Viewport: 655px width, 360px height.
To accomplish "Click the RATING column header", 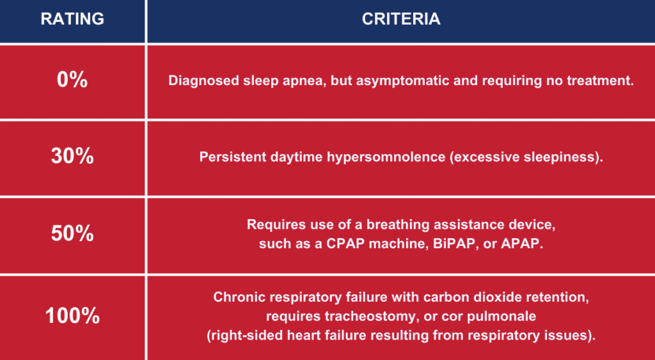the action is click(x=72, y=19).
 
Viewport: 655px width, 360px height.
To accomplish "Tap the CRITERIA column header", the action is click(x=400, y=19).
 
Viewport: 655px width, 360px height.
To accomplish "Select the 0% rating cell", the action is click(x=72, y=80).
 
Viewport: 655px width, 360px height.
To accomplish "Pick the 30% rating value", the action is click(x=72, y=156).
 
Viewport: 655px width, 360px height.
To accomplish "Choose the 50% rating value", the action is click(x=72, y=233).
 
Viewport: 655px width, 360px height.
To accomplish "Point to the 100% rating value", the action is click(x=72, y=316).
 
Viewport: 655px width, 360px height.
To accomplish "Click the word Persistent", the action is click(x=230, y=157).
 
